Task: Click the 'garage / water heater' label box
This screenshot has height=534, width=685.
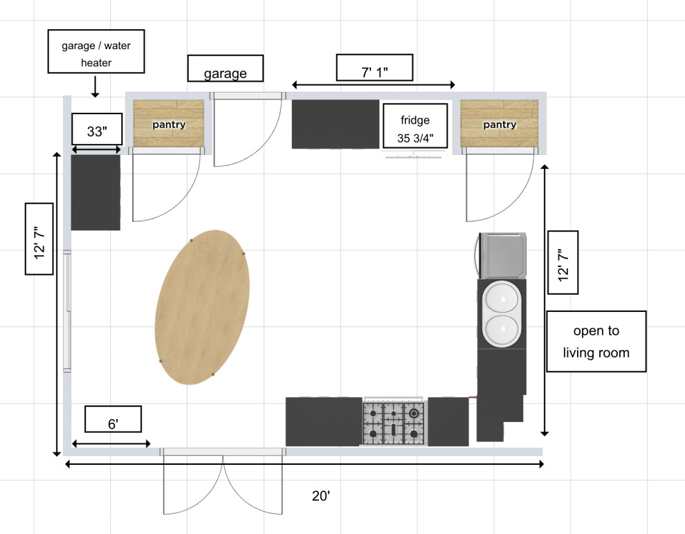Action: point(95,51)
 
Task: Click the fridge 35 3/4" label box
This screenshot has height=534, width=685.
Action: point(415,126)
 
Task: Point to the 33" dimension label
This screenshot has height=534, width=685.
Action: point(97,131)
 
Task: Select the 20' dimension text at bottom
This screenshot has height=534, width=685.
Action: point(321,495)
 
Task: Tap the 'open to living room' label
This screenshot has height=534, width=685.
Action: point(596,342)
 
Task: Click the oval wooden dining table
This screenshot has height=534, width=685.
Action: point(202,306)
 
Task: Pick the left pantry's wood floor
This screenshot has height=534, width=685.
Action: point(169,123)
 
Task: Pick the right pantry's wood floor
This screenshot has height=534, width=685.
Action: point(499,123)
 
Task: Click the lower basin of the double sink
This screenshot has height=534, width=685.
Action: point(502,330)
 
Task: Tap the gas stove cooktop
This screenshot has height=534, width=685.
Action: point(393,423)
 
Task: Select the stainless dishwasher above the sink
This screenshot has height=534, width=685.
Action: point(502,255)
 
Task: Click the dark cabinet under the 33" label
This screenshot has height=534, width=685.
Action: point(95,192)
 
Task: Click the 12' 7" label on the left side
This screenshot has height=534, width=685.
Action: point(39,239)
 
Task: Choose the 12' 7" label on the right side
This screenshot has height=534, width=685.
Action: point(563,262)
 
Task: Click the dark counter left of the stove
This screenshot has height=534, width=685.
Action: point(323,422)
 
